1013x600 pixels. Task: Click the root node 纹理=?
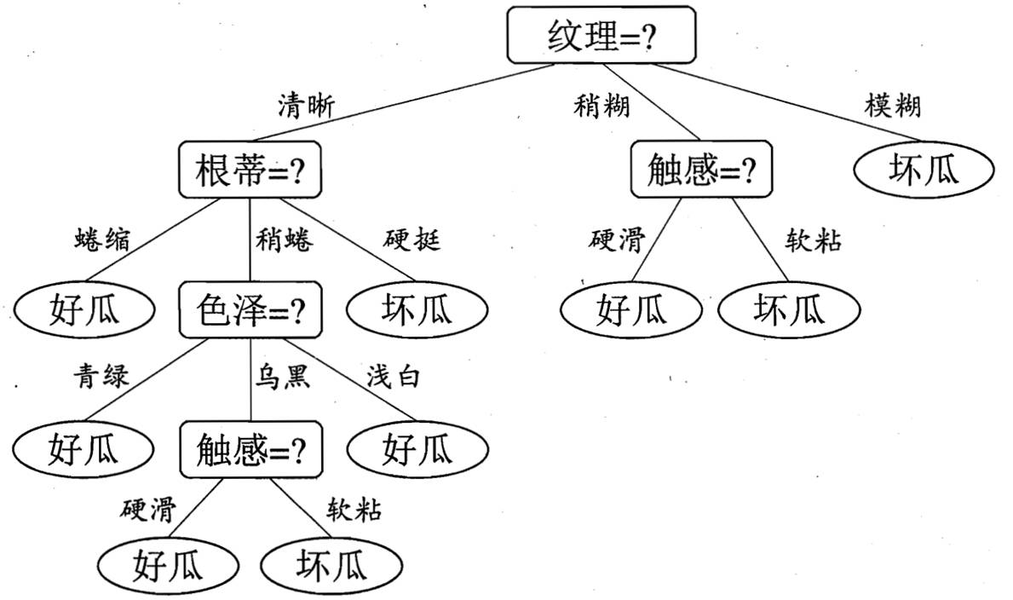tap(601, 36)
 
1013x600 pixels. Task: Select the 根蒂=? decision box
tap(250, 170)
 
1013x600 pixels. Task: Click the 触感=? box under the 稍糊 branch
tap(701, 170)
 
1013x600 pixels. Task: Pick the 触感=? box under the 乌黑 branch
tap(251, 448)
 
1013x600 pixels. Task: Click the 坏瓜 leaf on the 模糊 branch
tap(924, 170)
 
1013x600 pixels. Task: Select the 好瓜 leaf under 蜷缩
tap(85, 309)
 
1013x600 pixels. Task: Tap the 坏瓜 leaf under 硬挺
tap(417, 309)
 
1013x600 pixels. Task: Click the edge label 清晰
tap(307, 105)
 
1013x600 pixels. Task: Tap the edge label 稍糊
tap(601, 106)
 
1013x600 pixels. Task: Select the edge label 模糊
tap(892, 106)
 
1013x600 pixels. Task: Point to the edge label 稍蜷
tap(284, 241)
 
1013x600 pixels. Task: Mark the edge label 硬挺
tap(412, 241)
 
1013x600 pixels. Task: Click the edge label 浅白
tap(393, 376)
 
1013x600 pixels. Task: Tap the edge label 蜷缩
tap(103, 241)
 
